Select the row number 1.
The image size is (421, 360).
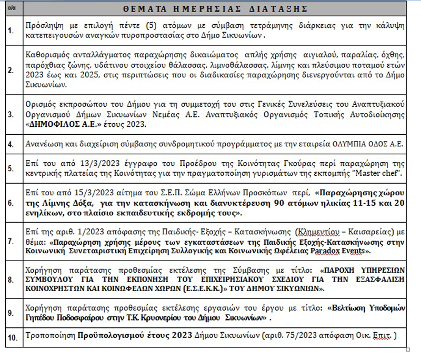tap(12, 31)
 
